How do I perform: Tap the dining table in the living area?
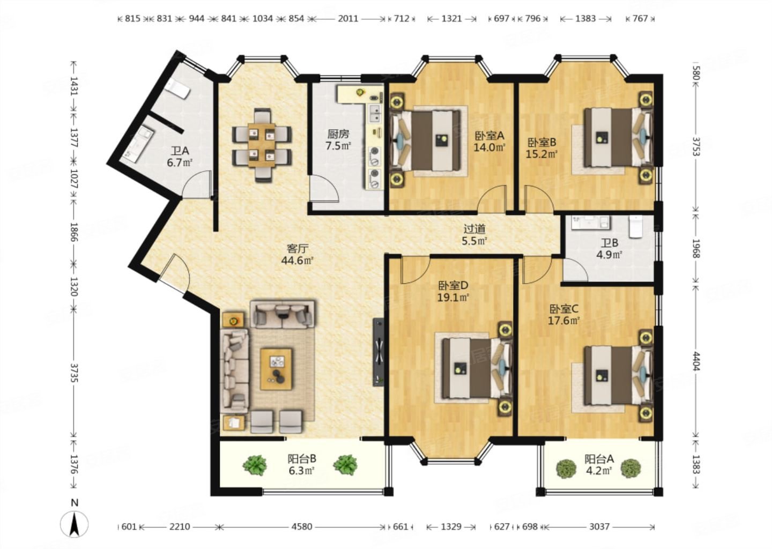[x=262, y=145]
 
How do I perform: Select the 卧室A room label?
[x=489, y=136]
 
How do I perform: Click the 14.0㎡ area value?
[x=489, y=147]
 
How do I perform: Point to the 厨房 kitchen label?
[x=338, y=133]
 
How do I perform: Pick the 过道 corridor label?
[x=474, y=229]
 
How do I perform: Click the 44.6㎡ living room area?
[x=297, y=260]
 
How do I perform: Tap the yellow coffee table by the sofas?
[x=276, y=369]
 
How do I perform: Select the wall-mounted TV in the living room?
[x=378, y=352]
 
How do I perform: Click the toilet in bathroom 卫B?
[x=636, y=226]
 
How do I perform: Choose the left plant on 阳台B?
[x=255, y=465]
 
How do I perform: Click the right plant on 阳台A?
[x=631, y=469]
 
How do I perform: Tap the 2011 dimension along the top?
[x=348, y=18]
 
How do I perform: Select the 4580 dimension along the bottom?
[x=301, y=526]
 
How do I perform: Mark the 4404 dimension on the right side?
[x=696, y=361]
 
